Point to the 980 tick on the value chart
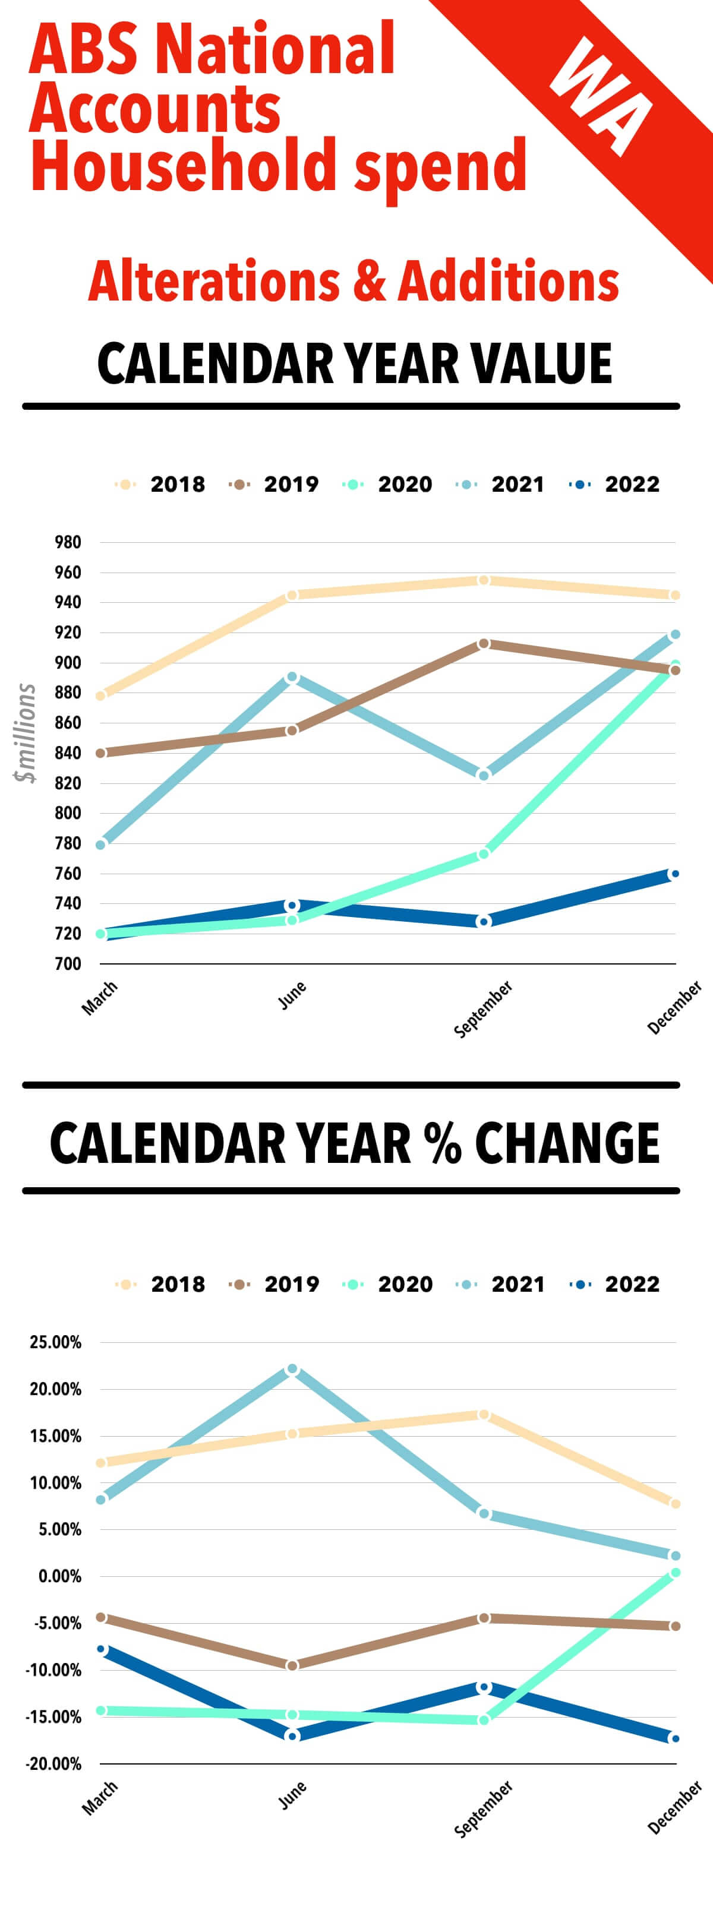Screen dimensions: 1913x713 [68, 542]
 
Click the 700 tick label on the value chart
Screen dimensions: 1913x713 [68, 964]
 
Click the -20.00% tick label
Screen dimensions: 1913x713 [53, 1764]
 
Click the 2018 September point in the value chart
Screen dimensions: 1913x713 [484, 580]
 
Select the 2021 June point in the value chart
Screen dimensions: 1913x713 [292, 677]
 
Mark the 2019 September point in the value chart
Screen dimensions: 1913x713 [484, 643]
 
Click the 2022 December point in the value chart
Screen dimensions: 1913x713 [674, 874]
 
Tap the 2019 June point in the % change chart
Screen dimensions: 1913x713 [292, 1666]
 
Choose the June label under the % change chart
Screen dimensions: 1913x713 [292, 1795]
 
